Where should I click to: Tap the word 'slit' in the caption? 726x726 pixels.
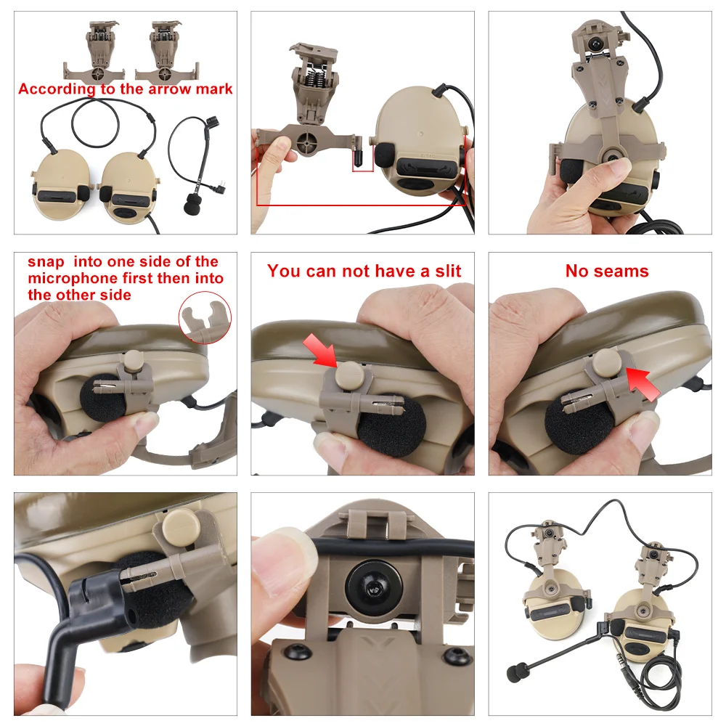pos(448,271)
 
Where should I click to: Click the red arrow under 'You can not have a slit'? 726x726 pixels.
pos(319,350)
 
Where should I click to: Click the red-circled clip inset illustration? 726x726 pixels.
pos(205,318)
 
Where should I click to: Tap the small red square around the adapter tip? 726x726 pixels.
pos(362,159)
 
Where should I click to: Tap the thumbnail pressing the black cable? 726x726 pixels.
pos(282,546)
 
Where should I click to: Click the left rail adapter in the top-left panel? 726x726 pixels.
pos(94,52)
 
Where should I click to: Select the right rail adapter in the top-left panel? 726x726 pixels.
pos(166,52)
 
